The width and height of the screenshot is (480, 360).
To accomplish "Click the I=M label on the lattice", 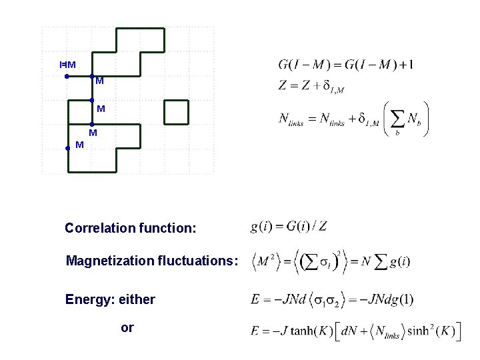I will pyautogui.click(x=67, y=65).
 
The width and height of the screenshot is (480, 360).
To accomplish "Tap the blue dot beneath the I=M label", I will pyautogui.click(x=67, y=77).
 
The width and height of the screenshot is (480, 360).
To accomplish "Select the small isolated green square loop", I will pyautogui.click(x=177, y=112).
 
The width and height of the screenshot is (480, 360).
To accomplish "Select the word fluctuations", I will pyautogui.click(x=196, y=261).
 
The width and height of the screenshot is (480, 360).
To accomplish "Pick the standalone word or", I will pyautogui.click(x=127, y=327).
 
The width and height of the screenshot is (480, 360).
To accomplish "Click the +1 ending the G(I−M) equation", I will pyautogui.click(x=406, y=65).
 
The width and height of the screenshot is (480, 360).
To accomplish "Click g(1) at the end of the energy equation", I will pyautogui.click(x=401, y=299).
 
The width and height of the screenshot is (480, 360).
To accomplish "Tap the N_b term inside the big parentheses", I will pyautogui.click(x=413, y=119).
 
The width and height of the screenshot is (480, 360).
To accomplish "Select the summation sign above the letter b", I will pyautogui.click(x=396, y=117).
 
